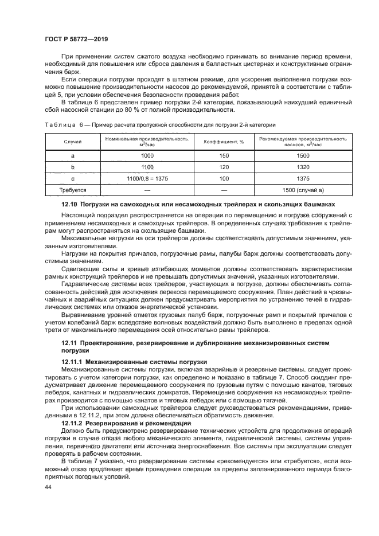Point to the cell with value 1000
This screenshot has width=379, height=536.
click(147, 155)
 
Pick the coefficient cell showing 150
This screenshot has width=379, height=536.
click(224, 155)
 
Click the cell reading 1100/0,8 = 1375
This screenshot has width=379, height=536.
click(147, 178)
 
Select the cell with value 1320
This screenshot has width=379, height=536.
click(303, 167)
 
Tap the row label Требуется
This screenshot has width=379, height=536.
click(73, 190)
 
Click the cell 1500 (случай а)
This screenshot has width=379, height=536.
click(303, 190)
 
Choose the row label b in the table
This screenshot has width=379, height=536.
click(73, 167)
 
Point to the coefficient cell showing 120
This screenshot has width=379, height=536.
click(224, 167)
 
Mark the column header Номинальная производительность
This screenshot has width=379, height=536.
click(147, 139)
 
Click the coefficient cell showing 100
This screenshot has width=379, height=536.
click(224, 178)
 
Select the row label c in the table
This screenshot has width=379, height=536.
click(73, 178)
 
